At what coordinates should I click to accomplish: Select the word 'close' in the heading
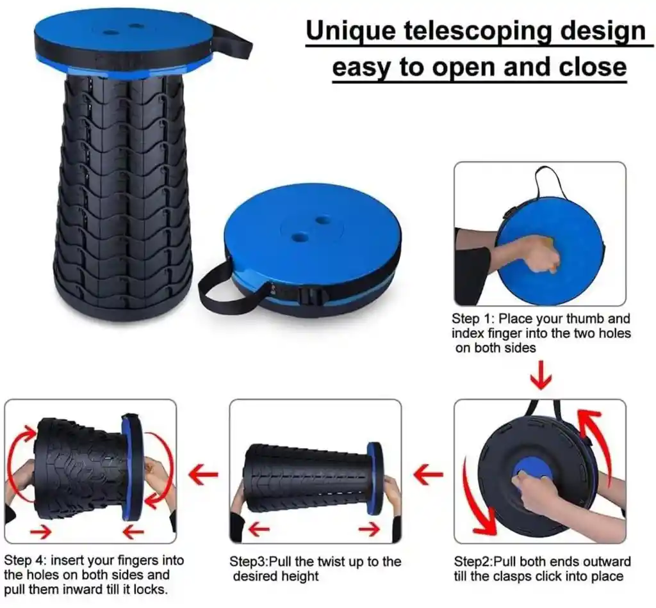[x=593, y=67]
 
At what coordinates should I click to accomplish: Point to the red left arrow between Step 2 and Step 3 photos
[x=428, y=475]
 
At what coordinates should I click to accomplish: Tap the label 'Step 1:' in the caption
[x=473, y=319]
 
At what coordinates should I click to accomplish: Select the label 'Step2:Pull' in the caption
[x=484, y=562]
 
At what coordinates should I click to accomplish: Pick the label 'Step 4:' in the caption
[x=26, y=561]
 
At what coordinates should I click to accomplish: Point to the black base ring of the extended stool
[x=122, y=307]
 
